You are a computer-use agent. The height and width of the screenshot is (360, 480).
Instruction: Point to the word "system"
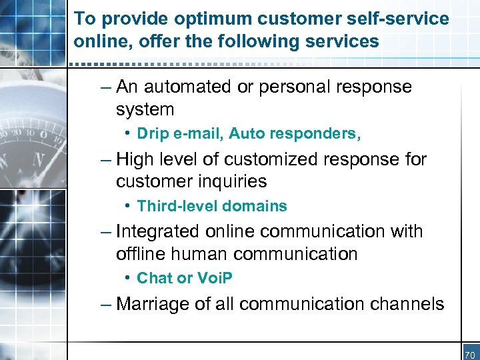tap(145, 109)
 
